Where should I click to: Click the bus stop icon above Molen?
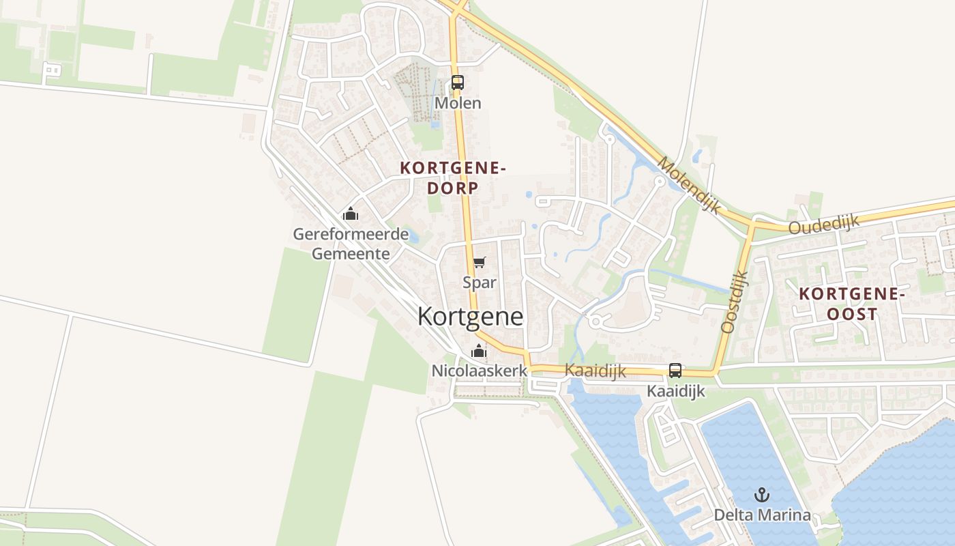[x=457, y=83]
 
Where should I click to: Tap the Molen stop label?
[x=458, y=103]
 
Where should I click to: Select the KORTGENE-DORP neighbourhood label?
[x=454, y=177]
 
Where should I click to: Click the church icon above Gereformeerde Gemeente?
[x=351, y=214]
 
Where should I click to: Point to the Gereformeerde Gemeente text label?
[x=351, y=244]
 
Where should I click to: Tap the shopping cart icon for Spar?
[x=480, y=263]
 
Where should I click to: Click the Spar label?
[x=480, y=282]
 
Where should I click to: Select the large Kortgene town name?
[x=470, y=317]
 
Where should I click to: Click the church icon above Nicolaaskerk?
[x=479, y=352]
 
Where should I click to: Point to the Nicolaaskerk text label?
[x=480, y=371]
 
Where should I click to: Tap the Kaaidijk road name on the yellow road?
[x=596, y=371]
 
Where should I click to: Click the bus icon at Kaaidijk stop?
[x=675, y=371]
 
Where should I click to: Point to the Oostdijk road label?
[x=735, y=301]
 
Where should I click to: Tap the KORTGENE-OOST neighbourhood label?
[x=851, y=304]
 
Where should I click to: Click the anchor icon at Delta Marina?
[x=761, y=495]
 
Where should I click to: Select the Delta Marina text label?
[x=762, y=515]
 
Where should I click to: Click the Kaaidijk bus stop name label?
[x=675, y=391]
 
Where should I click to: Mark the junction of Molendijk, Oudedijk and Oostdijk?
[x=752, y=224]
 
